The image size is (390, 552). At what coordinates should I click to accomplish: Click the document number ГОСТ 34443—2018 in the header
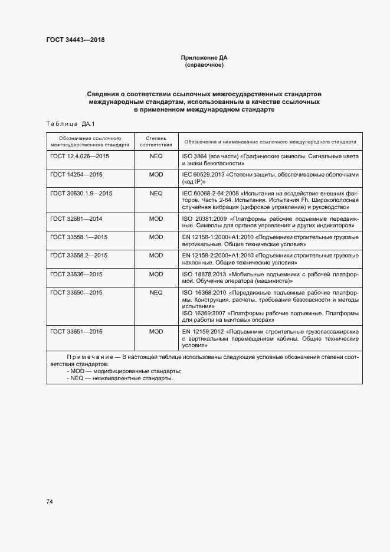[75, 40]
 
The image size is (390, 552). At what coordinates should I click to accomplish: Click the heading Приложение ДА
[204, 58]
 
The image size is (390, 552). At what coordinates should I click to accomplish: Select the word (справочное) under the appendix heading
[204, 65]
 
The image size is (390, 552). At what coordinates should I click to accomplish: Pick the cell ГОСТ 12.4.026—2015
[80, 156]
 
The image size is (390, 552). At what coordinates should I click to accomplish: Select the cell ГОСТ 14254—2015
[77, 175]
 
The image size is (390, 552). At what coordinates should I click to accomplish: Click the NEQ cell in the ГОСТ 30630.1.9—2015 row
[156, 193]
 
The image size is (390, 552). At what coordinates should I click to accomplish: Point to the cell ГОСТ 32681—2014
[77, 218]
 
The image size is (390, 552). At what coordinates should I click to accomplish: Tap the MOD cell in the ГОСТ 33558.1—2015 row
[156, 237]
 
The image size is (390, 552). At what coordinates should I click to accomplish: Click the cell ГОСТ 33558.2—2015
[78, 255]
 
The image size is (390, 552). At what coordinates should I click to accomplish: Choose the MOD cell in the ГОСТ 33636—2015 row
[156, 274]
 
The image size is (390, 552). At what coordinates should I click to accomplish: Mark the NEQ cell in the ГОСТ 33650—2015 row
[156, 292]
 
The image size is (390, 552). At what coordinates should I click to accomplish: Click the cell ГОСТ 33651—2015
[77, 332]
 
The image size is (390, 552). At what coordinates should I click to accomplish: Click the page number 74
[50, 501]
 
